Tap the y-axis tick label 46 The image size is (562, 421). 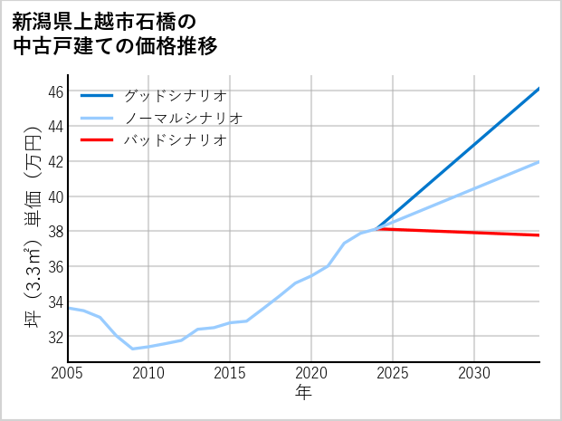tap(55, 91)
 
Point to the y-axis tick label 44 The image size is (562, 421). tap(55, 127)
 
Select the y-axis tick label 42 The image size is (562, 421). tap(55, 161)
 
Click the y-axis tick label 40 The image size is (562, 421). tap(55, 196)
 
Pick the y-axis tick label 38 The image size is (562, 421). tap(55, 232)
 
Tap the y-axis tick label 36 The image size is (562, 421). tap(55, 266)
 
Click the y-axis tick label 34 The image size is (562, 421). tap(55, 301)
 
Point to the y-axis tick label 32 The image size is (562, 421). tap(55, 336)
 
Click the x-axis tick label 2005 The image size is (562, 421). tap(67, 373)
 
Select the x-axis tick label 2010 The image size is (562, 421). tap(148, 373)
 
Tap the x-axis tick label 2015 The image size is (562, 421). tap(230, 373)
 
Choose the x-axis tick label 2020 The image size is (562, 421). tap(311, 373)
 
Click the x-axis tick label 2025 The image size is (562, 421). tap(393, 373)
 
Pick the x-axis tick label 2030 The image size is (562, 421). tap(474, 373)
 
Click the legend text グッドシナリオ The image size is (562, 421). tap(175, 95)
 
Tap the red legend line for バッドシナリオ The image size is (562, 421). tap(97, 140)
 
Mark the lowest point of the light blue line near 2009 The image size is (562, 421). tap(133, 349)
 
